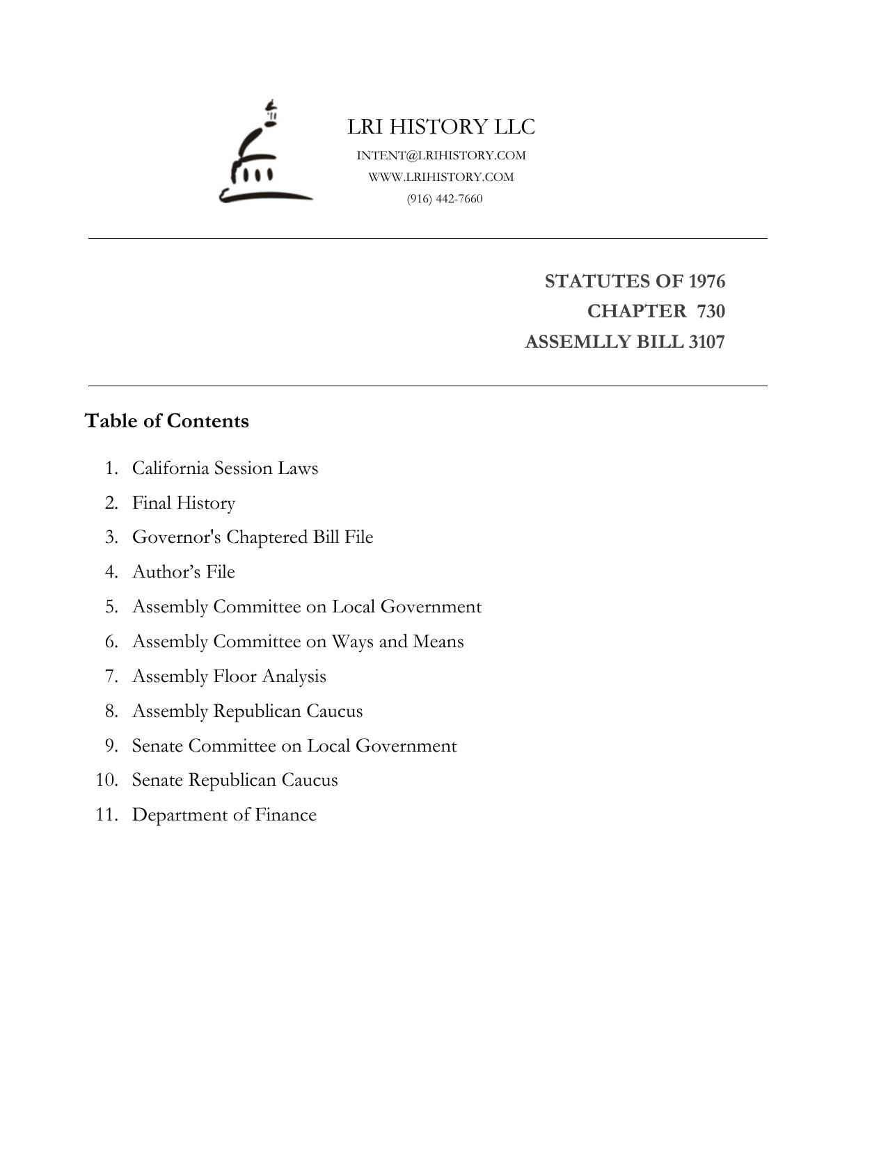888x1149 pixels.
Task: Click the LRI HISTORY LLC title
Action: pyautogui.click(x=441, y=127)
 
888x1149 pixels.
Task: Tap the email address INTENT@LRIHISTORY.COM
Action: pyautogui.click(x=441, y=155)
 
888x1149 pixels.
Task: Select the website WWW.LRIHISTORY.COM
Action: pyautogui.click(x=441, y=177)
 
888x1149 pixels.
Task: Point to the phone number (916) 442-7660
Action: pyautogui.click(x=445, y=198)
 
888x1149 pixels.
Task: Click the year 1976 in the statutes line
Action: pyautogui.click(x=706, y=281)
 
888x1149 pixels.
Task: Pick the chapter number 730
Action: pyautogui.click(x=711, y=311)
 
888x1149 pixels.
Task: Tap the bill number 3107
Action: pyautogui.click(x=706, y=342)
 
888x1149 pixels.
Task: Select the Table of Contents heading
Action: pyautogui.click(x=166, y=421)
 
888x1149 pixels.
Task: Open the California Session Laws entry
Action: pyautogui.click(x=225, y=468)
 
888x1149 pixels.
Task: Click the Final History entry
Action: pyautogui.click(x=184, y=502)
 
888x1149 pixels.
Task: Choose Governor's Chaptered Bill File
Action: pyautogui.click(x=253, y=537)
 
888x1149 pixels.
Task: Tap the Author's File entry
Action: pyautogui.click(x=184, y=571)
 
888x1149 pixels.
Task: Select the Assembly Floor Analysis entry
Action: pyautogui.click(x=229, y=676)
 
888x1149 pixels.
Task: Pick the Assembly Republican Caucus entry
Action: pyautogui.click(x=247, y=711)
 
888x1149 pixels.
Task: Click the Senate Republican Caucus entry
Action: pyautogui.click(x=235, y=779)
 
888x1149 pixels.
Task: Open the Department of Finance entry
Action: pyautogui.click(x=224, y=814)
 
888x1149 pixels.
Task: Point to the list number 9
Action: pyautogui.click(x=111, y=745)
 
